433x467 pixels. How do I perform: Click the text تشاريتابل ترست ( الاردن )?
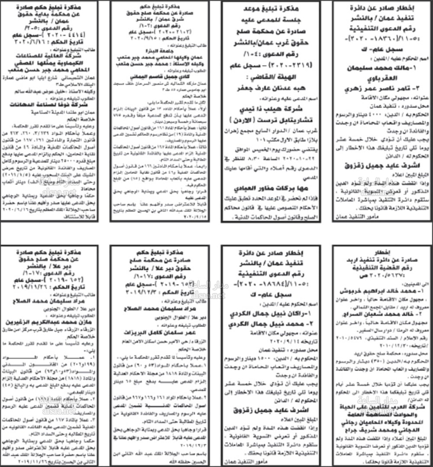271,122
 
